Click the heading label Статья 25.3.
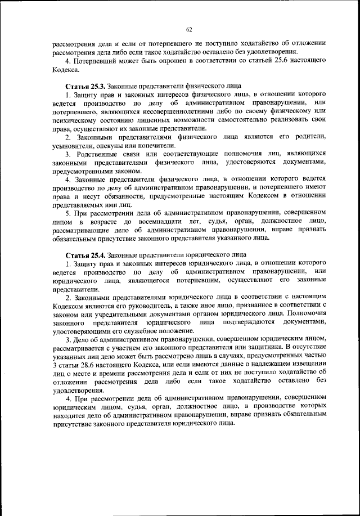[x=85, y=84]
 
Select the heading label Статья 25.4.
[x=85, y=254]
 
